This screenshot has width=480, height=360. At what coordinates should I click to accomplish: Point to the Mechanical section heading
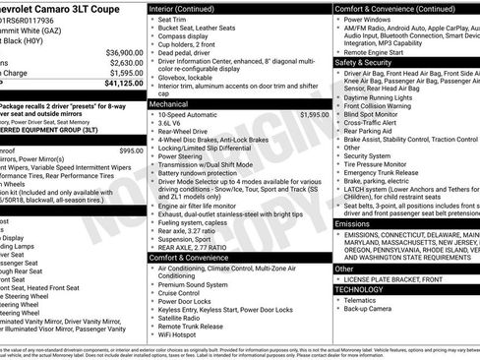tap(169, 102)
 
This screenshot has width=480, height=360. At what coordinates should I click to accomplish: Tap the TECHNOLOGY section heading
tap(362, 290)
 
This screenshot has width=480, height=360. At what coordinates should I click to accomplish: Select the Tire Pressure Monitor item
tap(382, 163)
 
